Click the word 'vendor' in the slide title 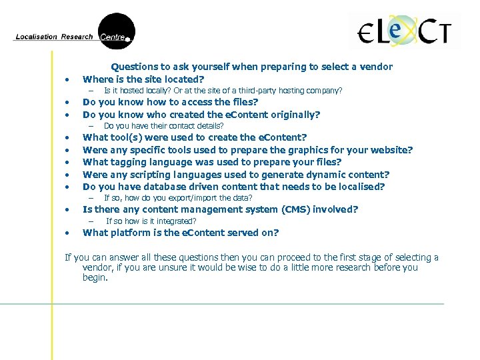(x=377, y=67)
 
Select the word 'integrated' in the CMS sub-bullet (x=175, y=221)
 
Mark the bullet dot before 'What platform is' (x=68, y=233)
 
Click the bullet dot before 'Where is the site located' (x=68, y=79)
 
